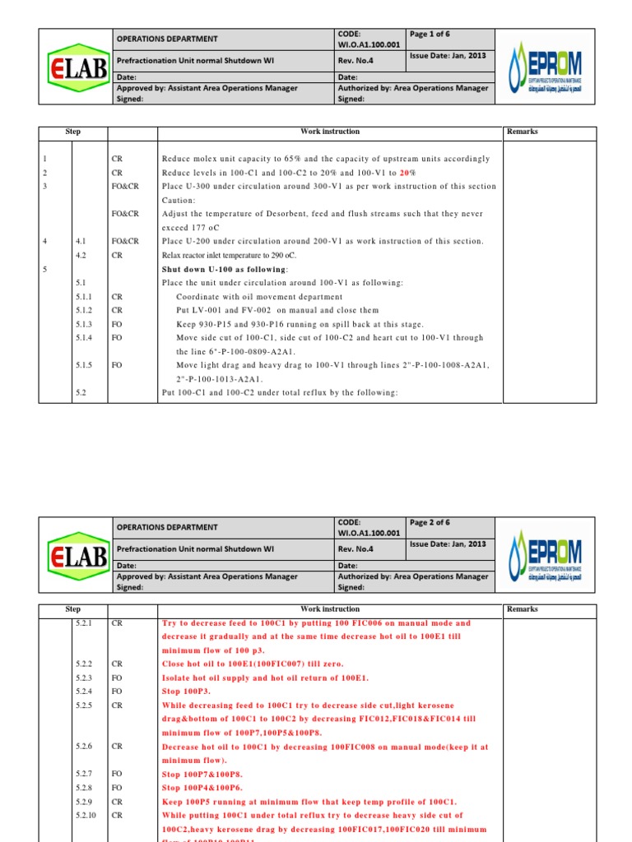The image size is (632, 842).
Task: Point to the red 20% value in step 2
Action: (x=407, y=173)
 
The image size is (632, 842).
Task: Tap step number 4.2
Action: (x=81, y=255)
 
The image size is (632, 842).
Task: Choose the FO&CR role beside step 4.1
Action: (x=125, y=241)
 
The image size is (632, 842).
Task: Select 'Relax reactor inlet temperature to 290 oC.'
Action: (x=240, y=255)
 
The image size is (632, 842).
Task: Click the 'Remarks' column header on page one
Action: (x=523, y=132)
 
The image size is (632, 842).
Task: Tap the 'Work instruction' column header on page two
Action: (x=330, y=609)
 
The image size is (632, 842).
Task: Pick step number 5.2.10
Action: (x=86, y=816)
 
